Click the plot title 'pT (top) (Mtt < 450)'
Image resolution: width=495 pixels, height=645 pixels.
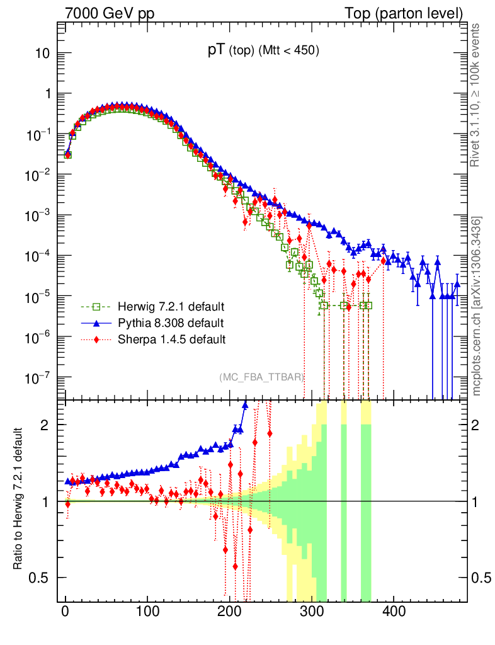[264, 52]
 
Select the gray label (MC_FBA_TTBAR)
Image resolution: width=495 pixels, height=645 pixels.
[262, 377]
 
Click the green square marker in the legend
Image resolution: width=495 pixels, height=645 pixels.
[96, 307]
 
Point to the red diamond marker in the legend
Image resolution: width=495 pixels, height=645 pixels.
[96, 340]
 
